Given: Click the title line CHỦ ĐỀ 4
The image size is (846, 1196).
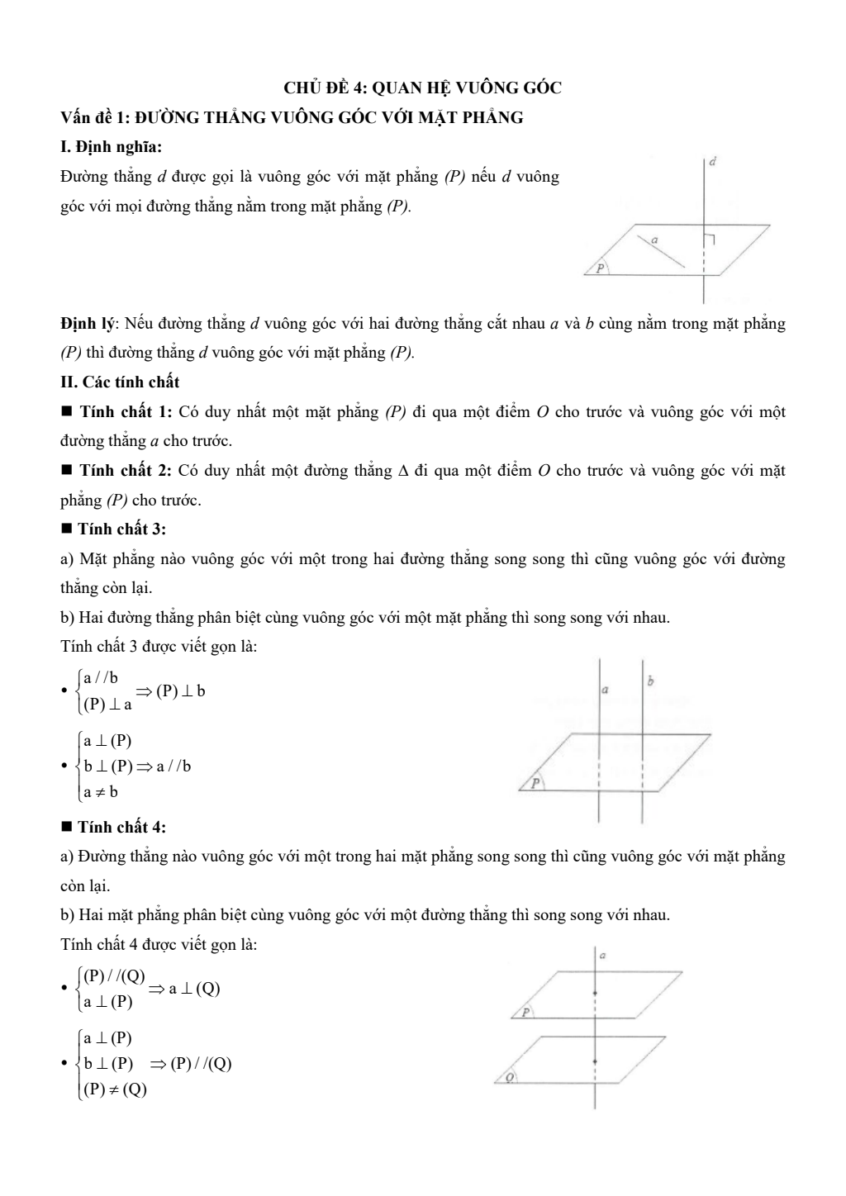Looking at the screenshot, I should [x=422, y=88].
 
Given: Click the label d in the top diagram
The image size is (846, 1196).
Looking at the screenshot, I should [x=712, y=163].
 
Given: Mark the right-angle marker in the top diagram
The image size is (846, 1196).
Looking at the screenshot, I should [x=709, y=239].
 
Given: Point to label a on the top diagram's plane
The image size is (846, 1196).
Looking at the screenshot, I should [x=654, y=240].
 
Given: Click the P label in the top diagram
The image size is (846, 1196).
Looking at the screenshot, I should [x=601, y=268].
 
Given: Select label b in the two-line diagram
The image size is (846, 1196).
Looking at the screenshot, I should [x=651, y=681].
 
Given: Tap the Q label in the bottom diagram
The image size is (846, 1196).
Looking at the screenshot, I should [x=510, y=1077].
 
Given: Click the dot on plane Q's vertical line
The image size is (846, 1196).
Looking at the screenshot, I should [x=595, y=1060].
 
